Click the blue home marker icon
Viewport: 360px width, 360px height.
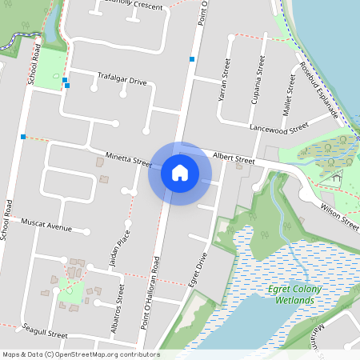point(180,172)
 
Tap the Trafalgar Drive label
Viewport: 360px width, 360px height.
point(122,81)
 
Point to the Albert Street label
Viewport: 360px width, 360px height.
point(234,161)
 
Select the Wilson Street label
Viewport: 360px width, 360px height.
point(338,215)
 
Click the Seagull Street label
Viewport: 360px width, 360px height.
point(46,331)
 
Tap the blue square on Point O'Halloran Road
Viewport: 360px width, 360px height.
point(192,58)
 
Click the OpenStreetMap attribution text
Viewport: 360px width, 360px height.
point(81,354)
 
